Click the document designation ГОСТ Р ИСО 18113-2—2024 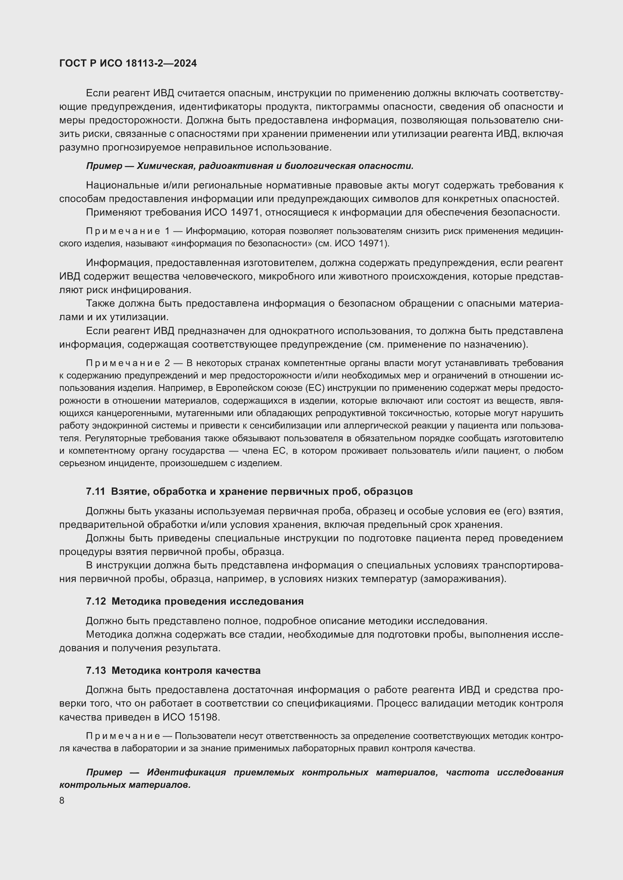[128, 64]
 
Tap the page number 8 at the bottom [62, 800]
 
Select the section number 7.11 [96, 491]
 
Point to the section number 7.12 [96, 601]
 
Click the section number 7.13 [96, 670]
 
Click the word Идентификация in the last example [186, 772]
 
